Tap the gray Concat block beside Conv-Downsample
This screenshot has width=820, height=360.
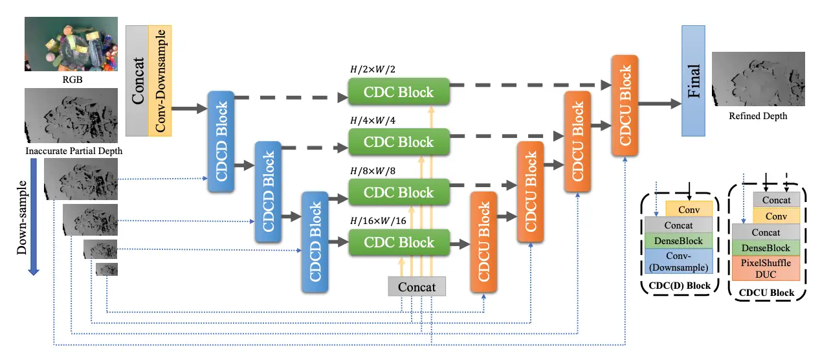click(x=137, y=81)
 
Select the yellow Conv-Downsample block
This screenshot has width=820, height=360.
click(x=159, y=81)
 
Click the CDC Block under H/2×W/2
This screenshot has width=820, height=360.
click(x=399, y=92)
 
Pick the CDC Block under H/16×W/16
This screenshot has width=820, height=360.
click(x=399, y=243)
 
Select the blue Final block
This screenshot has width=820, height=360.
click(x=693, y=81)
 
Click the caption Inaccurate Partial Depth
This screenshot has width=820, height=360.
click(x=74, y=152)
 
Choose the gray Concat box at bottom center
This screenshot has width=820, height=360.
click(x=417, y=287)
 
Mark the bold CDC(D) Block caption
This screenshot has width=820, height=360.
click(x=679, y=286)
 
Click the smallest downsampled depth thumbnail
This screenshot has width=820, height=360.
click(x=107, y=269)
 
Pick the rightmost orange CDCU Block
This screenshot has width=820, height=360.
click(x=625, y=106)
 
